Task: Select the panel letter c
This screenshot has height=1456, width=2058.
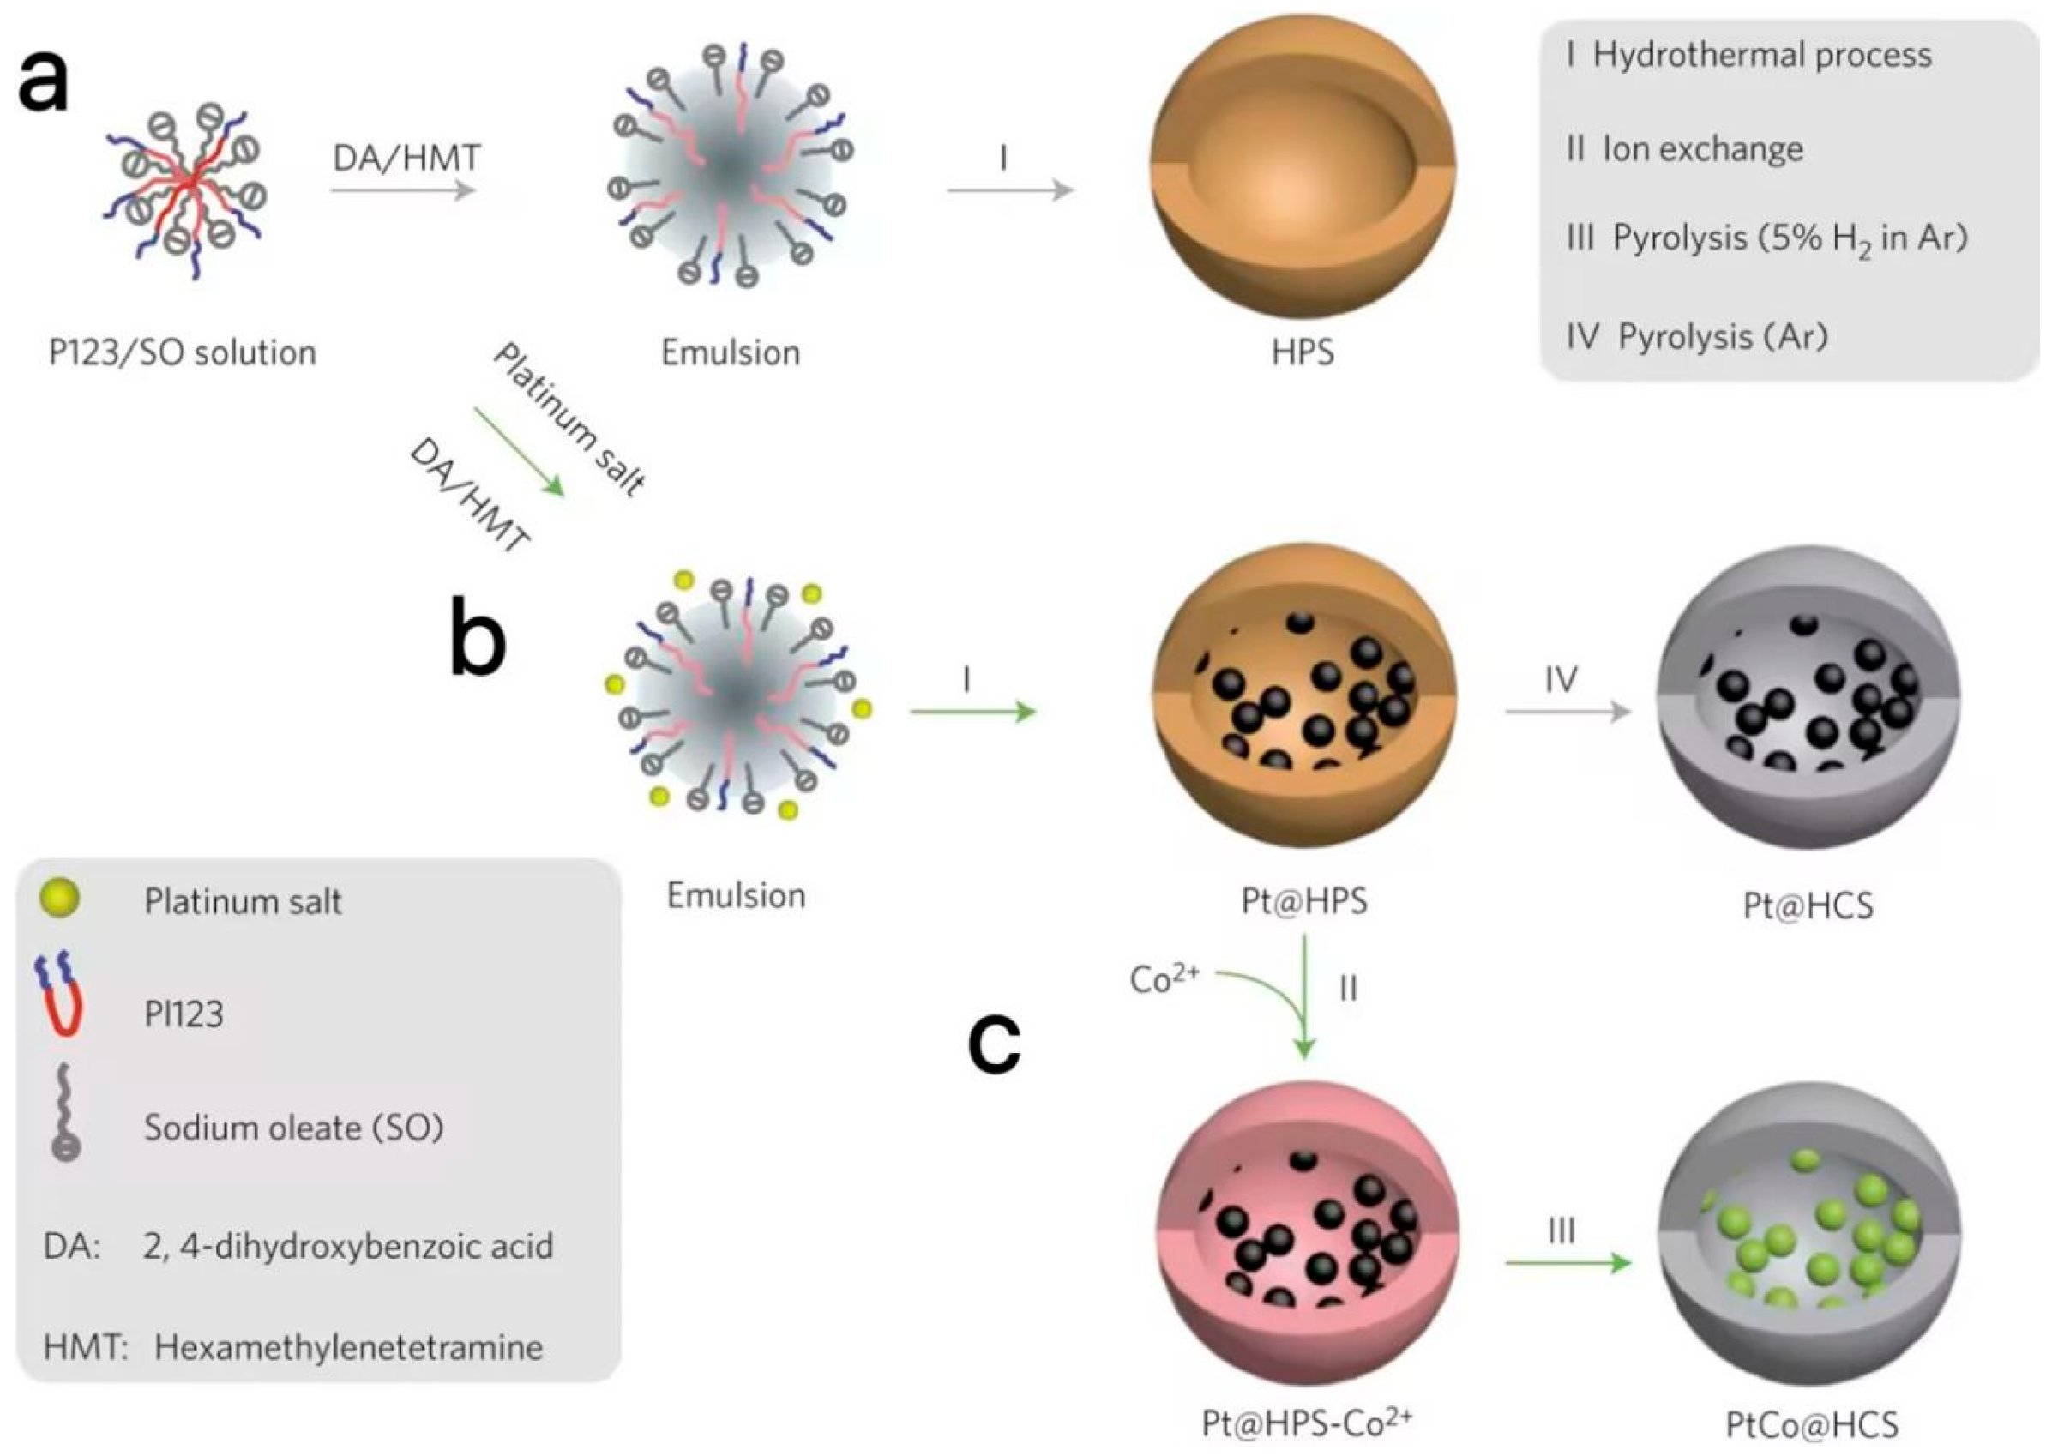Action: (x=994, y=1044)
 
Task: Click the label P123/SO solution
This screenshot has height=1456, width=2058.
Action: (x=182, y=352)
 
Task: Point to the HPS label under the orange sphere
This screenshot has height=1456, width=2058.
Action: (x=1303, y=352)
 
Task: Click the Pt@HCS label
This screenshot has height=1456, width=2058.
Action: (x=1808, y=905)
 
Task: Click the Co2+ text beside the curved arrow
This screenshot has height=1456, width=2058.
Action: (x=1164, y=979)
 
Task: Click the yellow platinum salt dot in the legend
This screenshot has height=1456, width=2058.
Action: (x=60, y=899)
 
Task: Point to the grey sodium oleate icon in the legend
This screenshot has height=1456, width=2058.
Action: (x=64, y=1115)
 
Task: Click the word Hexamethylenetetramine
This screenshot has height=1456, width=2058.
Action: (x=349, y=1346)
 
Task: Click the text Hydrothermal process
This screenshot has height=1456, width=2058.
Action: (x=1761, y=56)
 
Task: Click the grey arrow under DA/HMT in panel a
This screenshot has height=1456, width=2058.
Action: (x=402, y=190)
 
